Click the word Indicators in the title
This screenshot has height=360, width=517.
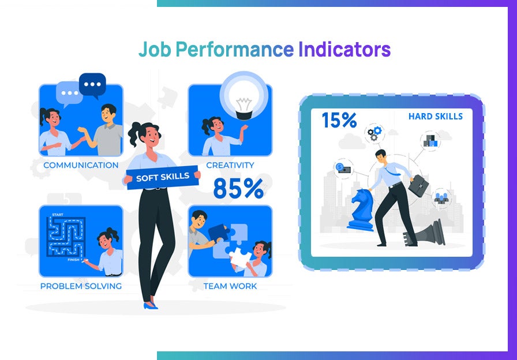(344, 50)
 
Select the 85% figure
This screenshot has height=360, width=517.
(238, 189)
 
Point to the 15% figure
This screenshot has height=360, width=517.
(339, 120)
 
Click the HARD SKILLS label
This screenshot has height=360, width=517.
(435, 117)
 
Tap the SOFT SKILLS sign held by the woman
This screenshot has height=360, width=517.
(162, 177)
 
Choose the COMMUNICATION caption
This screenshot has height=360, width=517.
(81, 166)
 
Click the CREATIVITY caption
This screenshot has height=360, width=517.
(230, 166)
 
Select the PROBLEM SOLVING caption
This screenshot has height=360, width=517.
(81, 286)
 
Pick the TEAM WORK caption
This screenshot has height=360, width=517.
(230, 286)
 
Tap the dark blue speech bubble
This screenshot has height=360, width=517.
(92, 84)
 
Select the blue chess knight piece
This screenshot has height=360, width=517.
(361, 209)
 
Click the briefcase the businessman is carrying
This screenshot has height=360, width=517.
(420, 186)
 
